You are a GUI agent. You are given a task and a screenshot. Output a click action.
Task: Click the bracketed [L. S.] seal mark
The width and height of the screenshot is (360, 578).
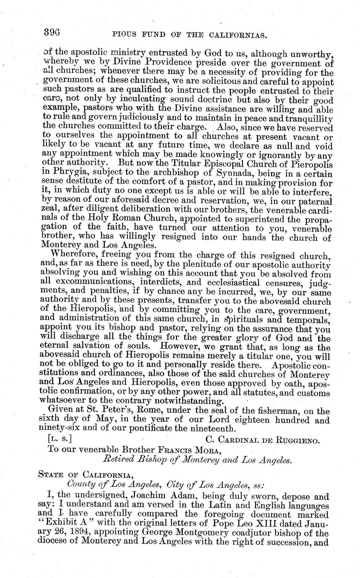(x=60, y=439)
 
